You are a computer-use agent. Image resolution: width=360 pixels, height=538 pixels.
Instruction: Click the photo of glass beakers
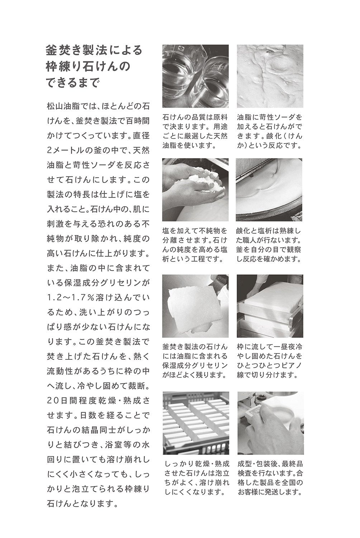pyautogui.click(x=195, y=76)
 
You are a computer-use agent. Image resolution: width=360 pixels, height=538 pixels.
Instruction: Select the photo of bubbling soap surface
pyautogui.click(x=270, y=76)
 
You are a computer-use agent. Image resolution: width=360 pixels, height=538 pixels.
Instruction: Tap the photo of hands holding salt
pyautogui.click(x=195, y=190)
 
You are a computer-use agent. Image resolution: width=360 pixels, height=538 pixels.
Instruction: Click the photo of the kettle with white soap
pyautogui.click(x=270, y=190)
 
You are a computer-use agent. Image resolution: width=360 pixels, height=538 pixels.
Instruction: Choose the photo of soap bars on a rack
pyautogui.click(x=195, y=423)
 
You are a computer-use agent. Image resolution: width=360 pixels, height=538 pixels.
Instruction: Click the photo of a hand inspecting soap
pyautogui.click(x=270, y=423)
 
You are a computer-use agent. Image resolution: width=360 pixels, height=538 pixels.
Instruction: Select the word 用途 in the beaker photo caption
pyautogui.click(x=220, y=127)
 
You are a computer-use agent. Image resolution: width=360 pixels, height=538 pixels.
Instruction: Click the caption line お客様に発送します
pyautogui.click(x=270, y=492)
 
